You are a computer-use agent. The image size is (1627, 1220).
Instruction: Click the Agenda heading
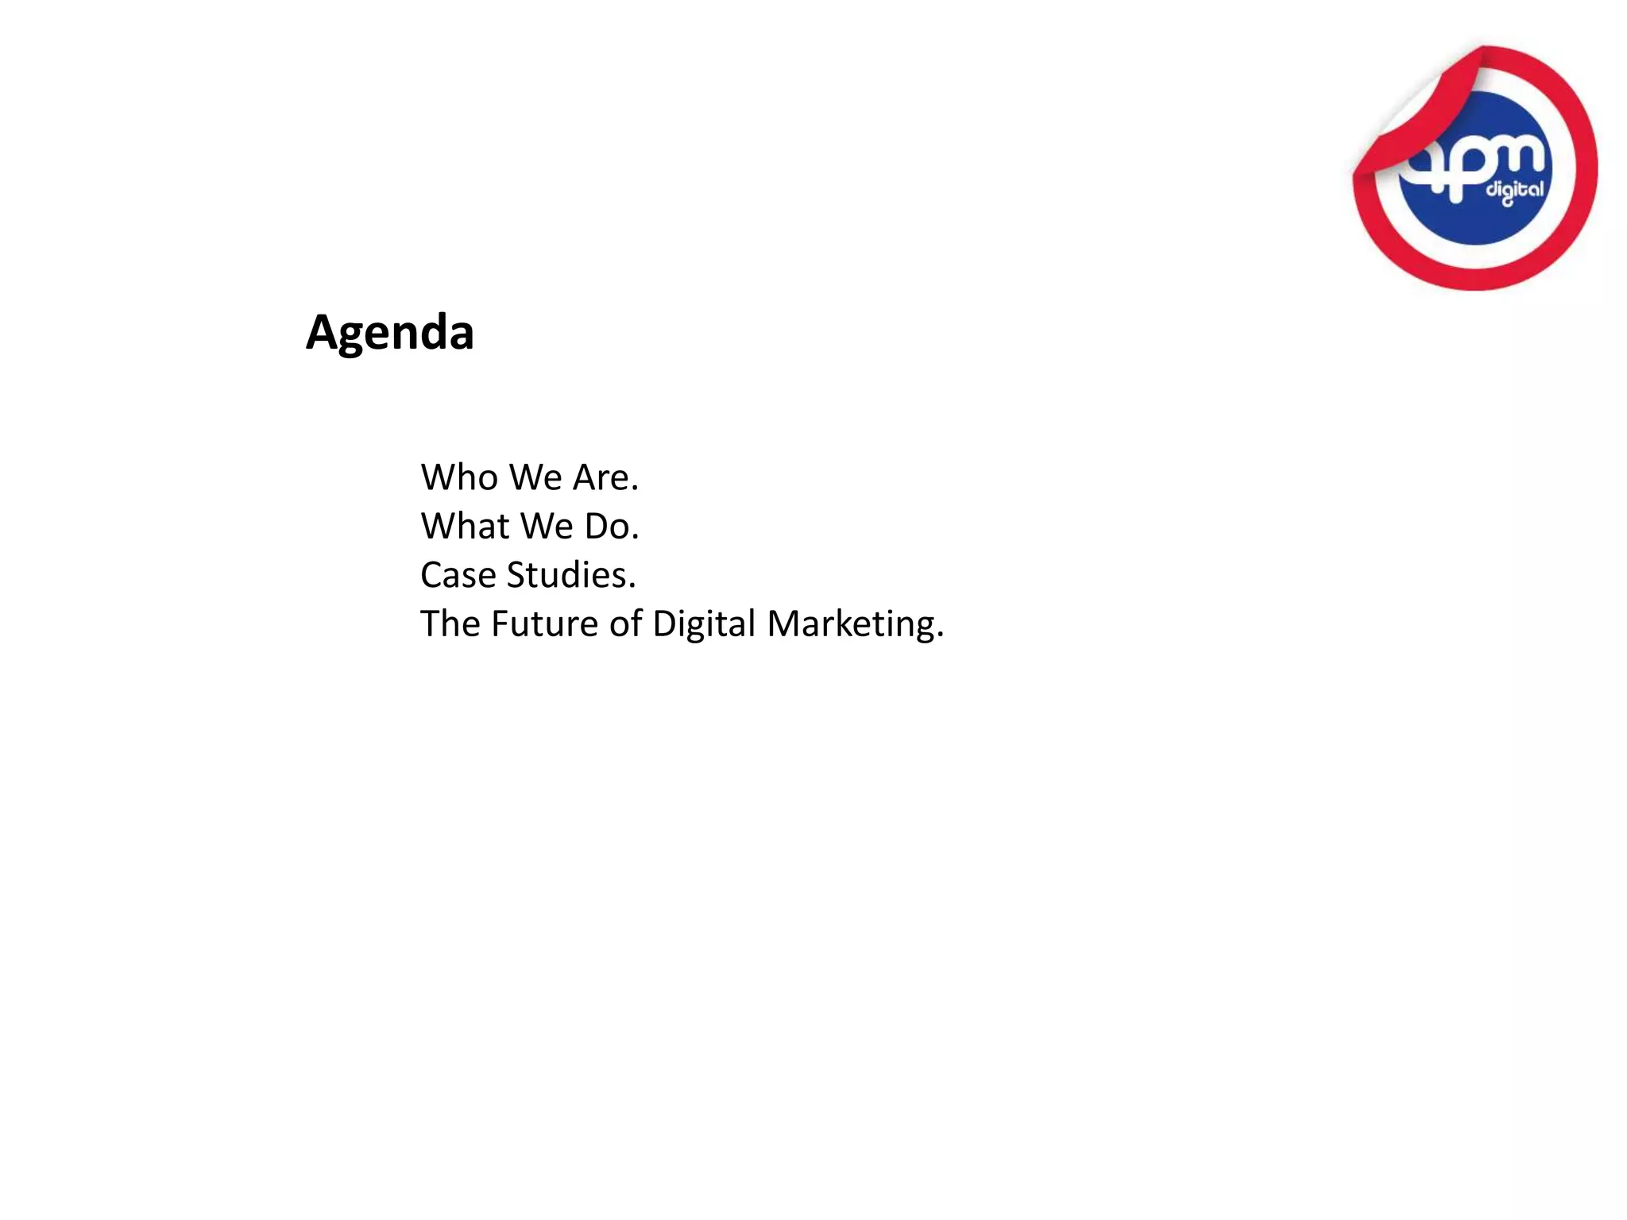[x=390, y=332]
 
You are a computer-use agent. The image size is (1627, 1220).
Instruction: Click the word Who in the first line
[x=459, y=477]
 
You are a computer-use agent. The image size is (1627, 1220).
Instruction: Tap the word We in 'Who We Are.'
[x=535, y=477]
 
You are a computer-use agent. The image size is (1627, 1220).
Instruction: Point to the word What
[x=465, y=526]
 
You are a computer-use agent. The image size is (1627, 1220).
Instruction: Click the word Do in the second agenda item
[x=608, y=526]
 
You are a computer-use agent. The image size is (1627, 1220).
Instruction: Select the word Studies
[x=567, y=575]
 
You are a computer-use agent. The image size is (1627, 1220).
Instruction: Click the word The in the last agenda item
[x=449, y=624]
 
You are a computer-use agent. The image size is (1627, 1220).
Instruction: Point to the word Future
[x=544, y=624]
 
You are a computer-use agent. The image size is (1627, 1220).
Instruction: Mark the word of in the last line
[x=626, y=624]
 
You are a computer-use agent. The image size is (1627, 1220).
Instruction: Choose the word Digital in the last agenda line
[x=704, y=624]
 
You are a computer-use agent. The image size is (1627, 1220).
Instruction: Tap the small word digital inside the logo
[x=1515, y=191]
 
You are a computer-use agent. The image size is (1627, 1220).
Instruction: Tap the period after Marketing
[x=940, y=635]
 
